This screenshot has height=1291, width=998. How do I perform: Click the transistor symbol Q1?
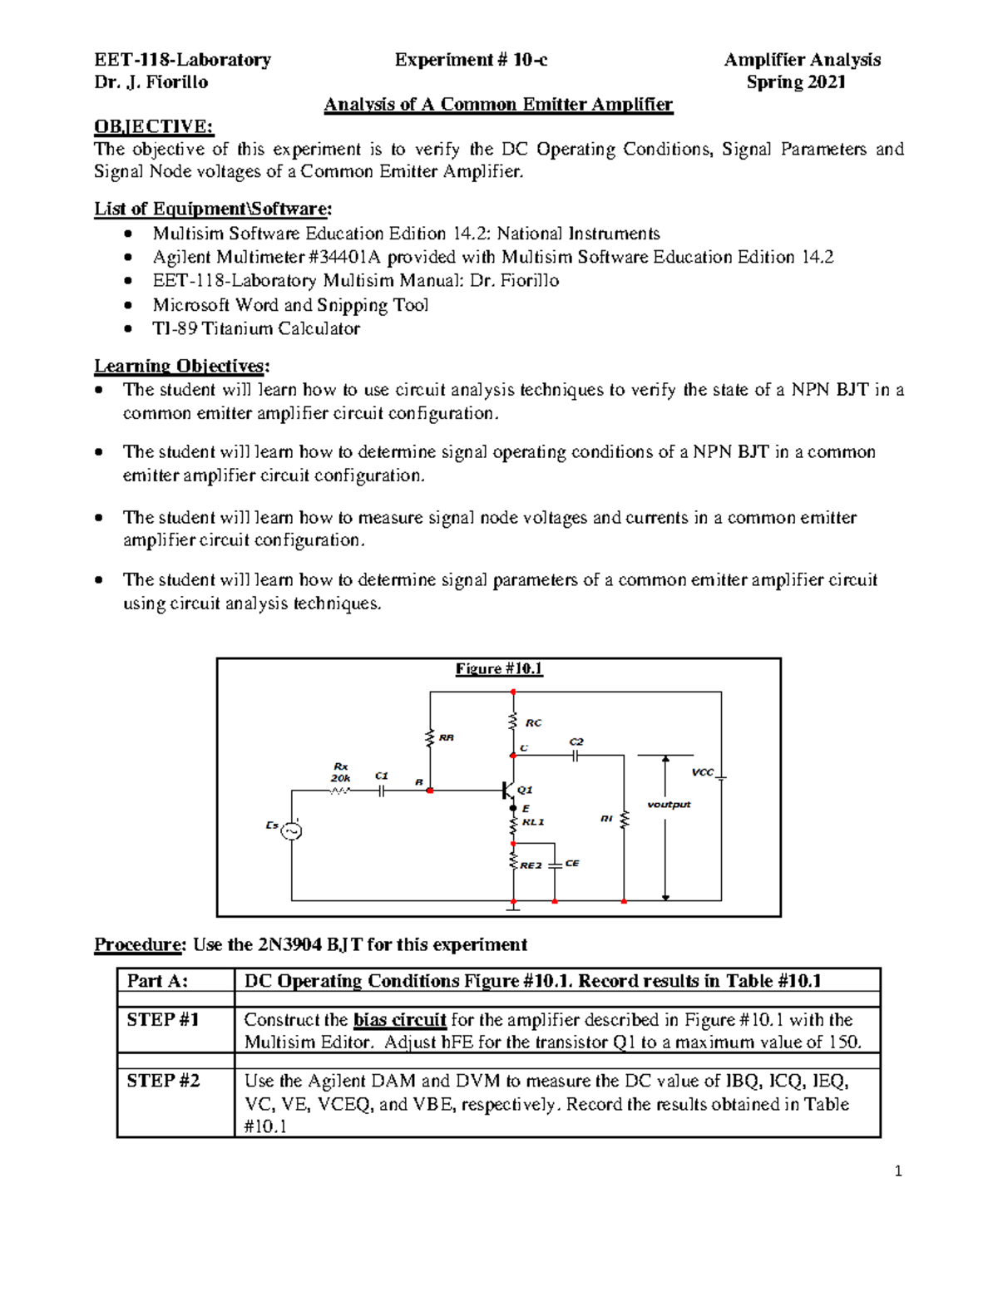point(508,790)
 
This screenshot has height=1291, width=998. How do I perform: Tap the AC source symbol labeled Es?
point(291,830)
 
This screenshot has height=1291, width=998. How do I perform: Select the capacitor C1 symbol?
point(381,791)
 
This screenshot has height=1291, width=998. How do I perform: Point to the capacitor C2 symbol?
point(576,756)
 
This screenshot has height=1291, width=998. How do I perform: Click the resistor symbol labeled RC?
point(513,722)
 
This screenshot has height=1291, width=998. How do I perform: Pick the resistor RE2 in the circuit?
point(514,861)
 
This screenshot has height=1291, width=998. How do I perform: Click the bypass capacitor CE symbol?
point(555,865)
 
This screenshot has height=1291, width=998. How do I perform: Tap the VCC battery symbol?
point(720,777)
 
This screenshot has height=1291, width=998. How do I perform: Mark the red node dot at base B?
point(430,791)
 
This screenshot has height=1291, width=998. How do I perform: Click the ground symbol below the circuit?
point(514,909)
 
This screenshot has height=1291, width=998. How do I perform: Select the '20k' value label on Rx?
point(340,777)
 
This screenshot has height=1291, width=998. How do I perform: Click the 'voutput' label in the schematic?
point(669,804)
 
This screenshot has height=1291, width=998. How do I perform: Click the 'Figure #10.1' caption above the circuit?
point(498,668)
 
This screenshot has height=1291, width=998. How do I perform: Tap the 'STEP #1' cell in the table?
point(163,1019)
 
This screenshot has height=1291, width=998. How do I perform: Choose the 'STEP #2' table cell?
point(163,1081)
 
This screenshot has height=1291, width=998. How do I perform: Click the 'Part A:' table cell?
point(157,981)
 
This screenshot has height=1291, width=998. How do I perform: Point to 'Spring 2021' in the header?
point(796,81)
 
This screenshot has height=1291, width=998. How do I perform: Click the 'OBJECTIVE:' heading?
point(154,126)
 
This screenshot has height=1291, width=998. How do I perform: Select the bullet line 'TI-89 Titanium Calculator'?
point(256,328)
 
